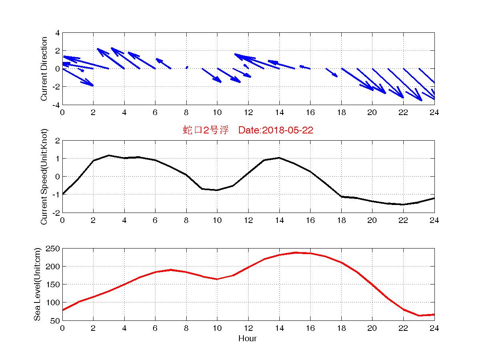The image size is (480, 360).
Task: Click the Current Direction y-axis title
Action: click(x=44, y=69)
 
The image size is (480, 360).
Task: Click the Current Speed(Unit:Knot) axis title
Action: click(x=44, y=176)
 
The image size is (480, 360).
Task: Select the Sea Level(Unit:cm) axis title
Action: click(x=37, y=284)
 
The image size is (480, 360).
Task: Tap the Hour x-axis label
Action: click(x=247, y=339)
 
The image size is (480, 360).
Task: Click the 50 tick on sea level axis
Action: click(x=56, y=320)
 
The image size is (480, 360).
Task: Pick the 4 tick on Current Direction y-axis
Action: click(x=58, y=33)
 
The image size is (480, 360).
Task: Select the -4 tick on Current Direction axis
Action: click(x=56, y=105)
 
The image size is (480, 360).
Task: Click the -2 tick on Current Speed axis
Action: click(x=56, y=212)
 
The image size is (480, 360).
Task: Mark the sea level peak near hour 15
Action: click(x=295, y=253)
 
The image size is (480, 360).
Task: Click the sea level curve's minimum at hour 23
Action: click(x=419, y=316)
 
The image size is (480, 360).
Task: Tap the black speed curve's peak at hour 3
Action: click(x=109, y=155)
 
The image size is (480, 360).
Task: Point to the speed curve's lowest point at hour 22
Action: click(x=403, y=204)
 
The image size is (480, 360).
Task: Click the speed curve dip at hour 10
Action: click(x=217, y=190)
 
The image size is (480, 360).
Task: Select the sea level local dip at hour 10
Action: click(x=217, y=279)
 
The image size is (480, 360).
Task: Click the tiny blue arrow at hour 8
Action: click(x=187, y=68)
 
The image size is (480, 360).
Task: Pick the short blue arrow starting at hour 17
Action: click(x=332, y=72)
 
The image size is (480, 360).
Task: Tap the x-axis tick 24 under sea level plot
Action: click(x=434, y=328)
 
